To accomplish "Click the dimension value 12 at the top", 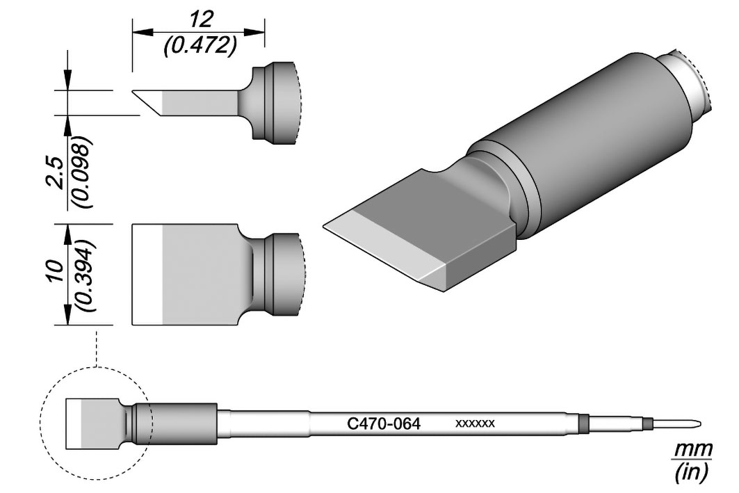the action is point(199,19).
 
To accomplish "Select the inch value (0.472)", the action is point(199,47).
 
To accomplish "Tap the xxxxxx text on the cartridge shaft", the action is point(475,423).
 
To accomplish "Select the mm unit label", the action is point(692,449).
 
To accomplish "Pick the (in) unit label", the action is point(691,471).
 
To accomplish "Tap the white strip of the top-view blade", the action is point(147,274).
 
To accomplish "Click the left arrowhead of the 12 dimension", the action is point(144,32).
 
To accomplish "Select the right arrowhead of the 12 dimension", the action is point(253,32).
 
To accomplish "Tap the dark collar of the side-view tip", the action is point(276,103).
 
